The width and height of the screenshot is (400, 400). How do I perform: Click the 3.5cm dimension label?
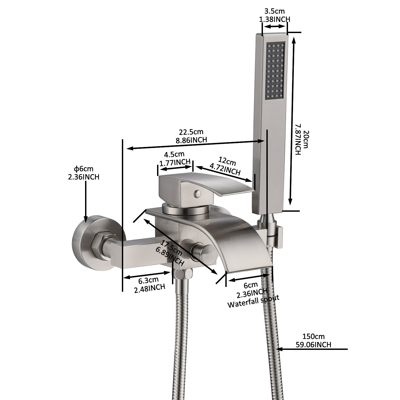[x=275, y=11]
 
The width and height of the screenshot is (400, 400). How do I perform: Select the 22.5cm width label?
[x=191, y=132]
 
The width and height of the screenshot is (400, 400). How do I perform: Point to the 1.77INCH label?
[x=175, y=162]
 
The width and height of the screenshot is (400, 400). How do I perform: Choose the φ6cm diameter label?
[x=83, y=169]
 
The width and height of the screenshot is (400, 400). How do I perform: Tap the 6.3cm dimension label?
[x=148, y=280]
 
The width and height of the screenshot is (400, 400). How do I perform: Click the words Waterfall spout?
[x=253, y=301]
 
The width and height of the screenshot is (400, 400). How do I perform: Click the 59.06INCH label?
[x=314, y=345]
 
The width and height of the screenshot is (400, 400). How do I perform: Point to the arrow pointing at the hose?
[x=312, y=349]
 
